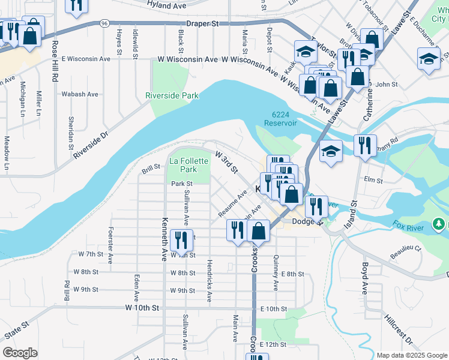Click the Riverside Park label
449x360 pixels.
click(171, 95)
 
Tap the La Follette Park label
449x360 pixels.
click(189, 165)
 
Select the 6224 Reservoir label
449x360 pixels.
click(280, 118)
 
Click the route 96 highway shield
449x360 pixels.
click(104, 23)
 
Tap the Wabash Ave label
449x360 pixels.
click(80, 94)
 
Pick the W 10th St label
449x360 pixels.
click(142, 307)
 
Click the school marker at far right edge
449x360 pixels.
click(429, 58)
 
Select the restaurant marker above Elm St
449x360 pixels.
click(365, 145)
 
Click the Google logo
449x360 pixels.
click(20, 353)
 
